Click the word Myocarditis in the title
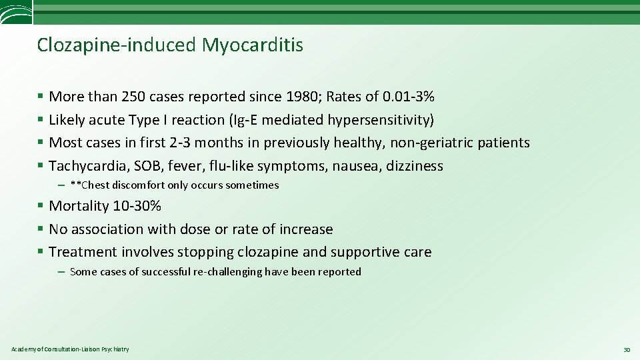[253, 45]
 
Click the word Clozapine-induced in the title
[117, 45]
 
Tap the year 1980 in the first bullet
[303, 97]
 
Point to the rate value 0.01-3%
[409, 97]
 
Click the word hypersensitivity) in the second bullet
[381, 120]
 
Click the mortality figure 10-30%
[137, 206]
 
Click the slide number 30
[626, 349]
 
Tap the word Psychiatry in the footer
[116, 349]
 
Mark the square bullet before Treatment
[41, 252]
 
